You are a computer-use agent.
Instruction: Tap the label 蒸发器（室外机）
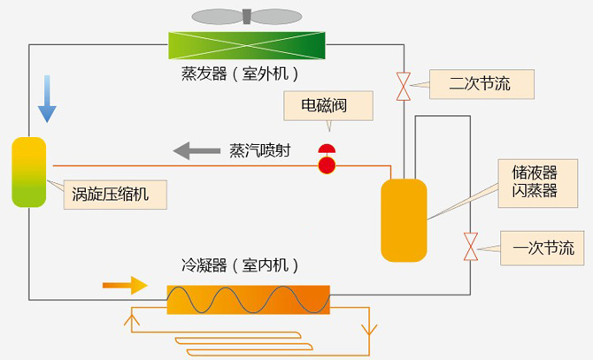pyautogui.click(x=240, y=73)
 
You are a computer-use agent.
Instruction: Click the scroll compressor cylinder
pyautogui.click(x=28, y=172)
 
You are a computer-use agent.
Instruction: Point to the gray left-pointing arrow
pyautogui.click(x=196, y=149)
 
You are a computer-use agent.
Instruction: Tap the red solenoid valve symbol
pyautogui.click(x=327, y=160)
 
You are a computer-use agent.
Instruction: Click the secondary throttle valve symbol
pyautogui.click(x=404, y=87)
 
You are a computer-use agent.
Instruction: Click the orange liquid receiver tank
pyautogui.click(x=404, y=220)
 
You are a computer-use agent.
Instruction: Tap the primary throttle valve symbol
pyautogui.click(x=471, y=247)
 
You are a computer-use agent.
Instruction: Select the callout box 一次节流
pyautogui.click(x=543, y=247)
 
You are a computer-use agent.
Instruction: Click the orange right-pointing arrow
pyautogui.click(x=125, y=285)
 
